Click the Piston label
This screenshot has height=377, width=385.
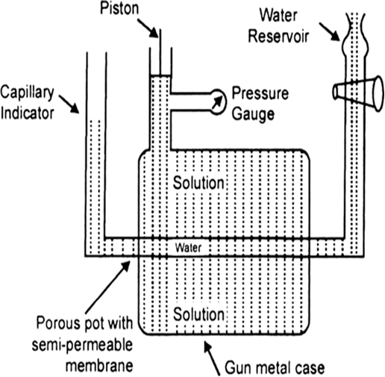point(119,8)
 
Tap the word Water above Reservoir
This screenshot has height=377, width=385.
point(278,15)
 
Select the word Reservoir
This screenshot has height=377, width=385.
point(278,36)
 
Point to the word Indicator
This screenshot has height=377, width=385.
point(28,113)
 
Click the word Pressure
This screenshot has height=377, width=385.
point(260,93)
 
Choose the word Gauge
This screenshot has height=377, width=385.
point(253,114)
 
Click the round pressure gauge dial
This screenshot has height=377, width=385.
point(218,102)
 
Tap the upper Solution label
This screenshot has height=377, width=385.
point(198,183)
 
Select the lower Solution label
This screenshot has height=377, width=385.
point(198,314)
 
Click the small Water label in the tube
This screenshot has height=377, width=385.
point(188,248)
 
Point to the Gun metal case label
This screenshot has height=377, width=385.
point(275,367)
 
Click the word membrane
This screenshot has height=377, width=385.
point(99,365)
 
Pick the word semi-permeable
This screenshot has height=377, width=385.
point(82,345)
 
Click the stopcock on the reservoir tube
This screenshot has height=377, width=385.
point(358,94)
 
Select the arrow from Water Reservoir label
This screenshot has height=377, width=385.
point(329,31)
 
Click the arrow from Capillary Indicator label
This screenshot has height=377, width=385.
point(69,105)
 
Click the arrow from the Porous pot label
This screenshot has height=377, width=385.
point(107,287)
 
